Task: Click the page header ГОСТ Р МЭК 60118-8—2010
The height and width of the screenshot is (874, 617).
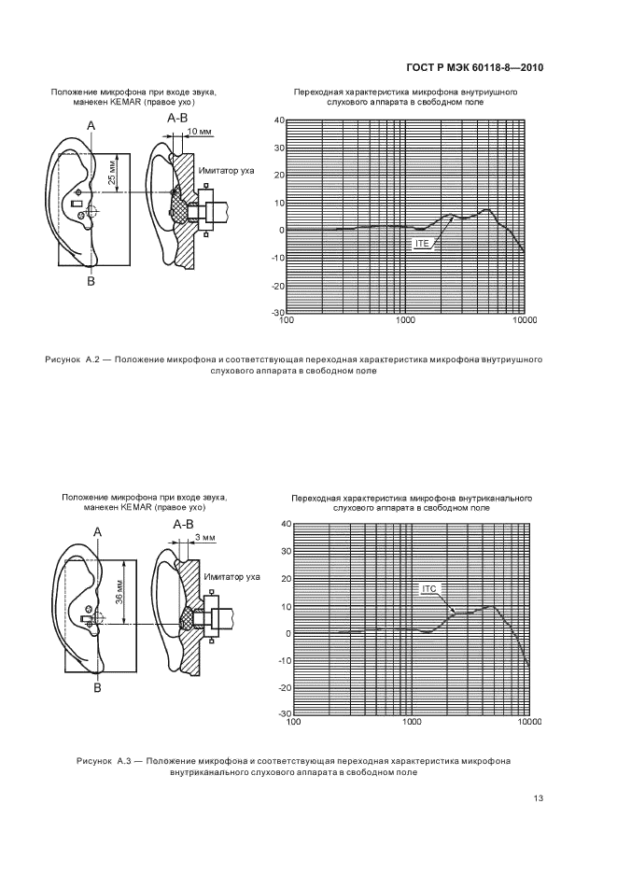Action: pos(476,67)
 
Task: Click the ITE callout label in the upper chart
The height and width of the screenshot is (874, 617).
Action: pos(421,243)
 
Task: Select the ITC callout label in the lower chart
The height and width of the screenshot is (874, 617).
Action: pos(429,588)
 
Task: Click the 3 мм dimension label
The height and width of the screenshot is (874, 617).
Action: pos(205,538)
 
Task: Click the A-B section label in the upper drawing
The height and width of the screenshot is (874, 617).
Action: pos(177,119)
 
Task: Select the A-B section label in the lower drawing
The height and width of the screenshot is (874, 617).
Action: pos(184,525)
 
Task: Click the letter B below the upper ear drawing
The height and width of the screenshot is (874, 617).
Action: pos(91,280)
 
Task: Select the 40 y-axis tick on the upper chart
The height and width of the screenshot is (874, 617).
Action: pos(277,120)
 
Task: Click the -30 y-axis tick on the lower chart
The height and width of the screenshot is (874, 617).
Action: pos(283,714)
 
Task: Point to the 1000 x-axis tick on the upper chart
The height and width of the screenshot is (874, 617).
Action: pos(406,320)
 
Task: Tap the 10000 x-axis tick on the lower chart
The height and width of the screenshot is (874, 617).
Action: pos(529,722)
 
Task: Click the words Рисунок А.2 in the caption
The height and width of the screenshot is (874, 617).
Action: pos(77,359)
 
